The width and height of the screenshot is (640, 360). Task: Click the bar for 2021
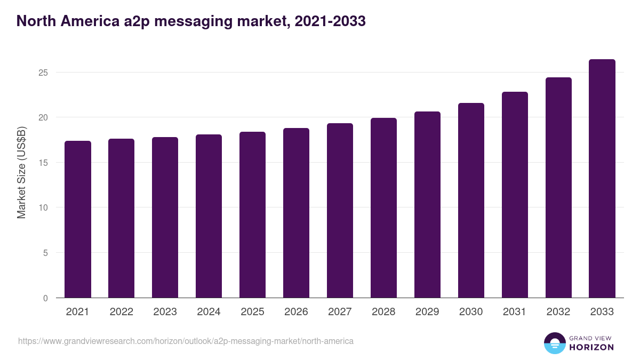pyautogui.click(x=78, y=219)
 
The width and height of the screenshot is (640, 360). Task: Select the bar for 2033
pyautogui.click(x=602, y=179)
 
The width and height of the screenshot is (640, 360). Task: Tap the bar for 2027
pyautogui.click(x=340, y=211)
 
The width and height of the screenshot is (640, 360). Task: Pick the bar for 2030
pyautogui.click(x=471, y=201)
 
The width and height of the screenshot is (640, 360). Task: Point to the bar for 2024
pyautogui.click(x=209, y=216)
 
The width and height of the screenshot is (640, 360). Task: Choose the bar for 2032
pyautogui.click(x=558, y=188)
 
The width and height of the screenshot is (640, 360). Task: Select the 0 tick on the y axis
pyautogui.click(x=45, y=298)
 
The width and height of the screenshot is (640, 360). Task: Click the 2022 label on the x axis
pyautogui.click(x=121, y=312)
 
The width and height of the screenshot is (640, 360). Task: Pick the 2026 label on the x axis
pyautogui.click(x=296, y=312)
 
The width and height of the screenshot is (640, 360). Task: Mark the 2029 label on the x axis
pyautogui.click(x=427, y=312)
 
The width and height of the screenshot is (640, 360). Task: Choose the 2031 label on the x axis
pyautogui.click(x=515, y=312)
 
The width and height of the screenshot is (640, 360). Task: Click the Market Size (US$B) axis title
pyautogui.click(x=22, y=172)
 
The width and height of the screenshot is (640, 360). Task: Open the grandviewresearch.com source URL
pyautogui.click(x=186, y=341)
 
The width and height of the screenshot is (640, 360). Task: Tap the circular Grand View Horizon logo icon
pyautogui.click(x=554, y=343)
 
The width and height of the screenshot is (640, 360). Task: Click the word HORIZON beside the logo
pyautogui.click(x=591, y=347)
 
